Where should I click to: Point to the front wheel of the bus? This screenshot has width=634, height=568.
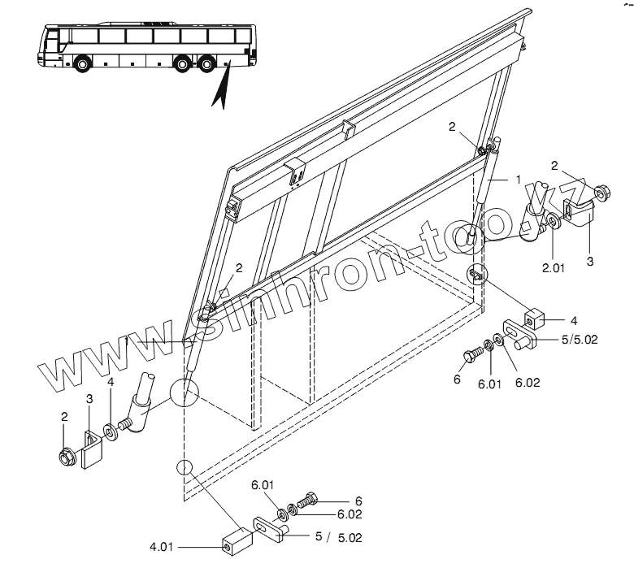(81, 64)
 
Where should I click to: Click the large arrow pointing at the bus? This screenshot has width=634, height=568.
(219, 85)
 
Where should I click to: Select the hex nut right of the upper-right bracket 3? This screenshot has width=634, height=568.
(603, 193)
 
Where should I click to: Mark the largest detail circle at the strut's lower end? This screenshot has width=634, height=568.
(184, 392)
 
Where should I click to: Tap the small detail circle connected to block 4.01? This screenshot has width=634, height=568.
(184, 470)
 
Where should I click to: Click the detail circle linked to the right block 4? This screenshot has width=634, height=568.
(478, 273)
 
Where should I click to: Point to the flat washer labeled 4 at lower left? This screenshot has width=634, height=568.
(109, 428)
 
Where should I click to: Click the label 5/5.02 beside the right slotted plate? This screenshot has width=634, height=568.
(580, 339)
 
